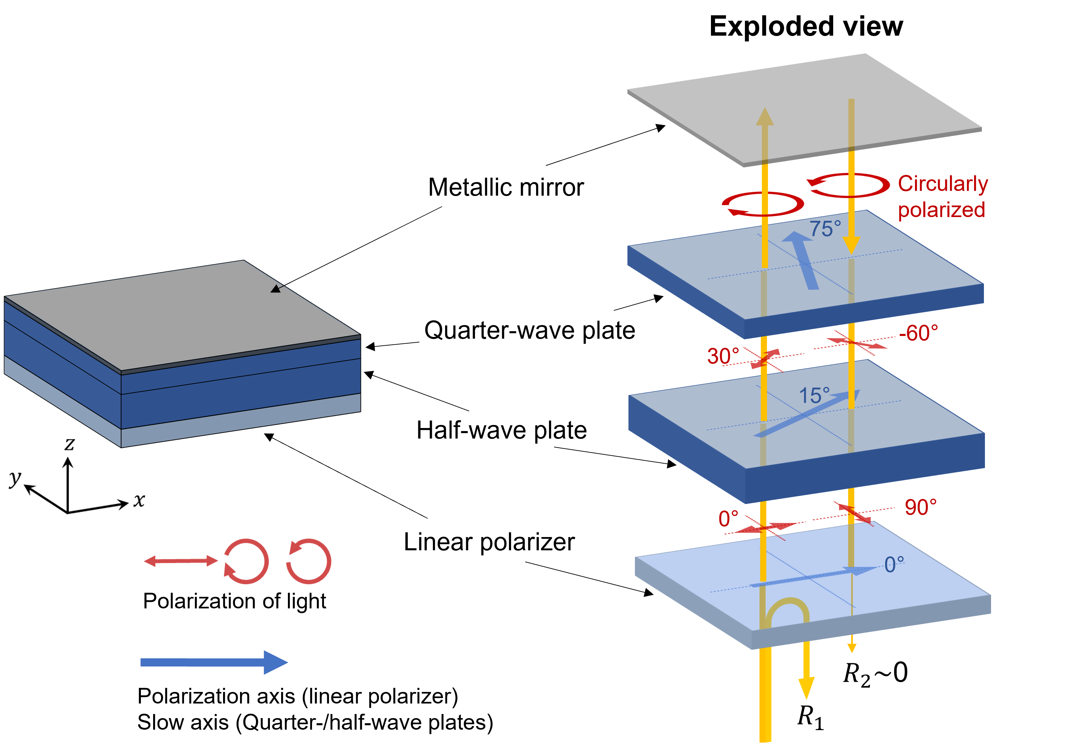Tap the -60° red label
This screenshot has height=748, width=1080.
click(918, 333)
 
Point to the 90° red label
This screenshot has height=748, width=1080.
click(921, 507)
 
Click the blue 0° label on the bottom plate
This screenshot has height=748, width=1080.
click(894, 565)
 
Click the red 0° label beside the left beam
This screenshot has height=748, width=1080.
click(728, 519)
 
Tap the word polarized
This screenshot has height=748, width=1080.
click(941, 210)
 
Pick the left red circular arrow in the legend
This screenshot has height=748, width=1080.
click(246, 562)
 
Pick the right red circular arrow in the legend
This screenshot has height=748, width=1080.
click(309, 562)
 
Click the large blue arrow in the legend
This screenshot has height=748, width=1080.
click(214, 662)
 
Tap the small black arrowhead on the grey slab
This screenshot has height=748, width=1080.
click(275, 289)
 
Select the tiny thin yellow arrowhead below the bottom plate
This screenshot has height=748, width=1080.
click(852, 648)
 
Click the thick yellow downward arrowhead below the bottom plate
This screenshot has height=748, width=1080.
click(806, 688)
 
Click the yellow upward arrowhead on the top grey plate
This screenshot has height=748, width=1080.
click(764, 116)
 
